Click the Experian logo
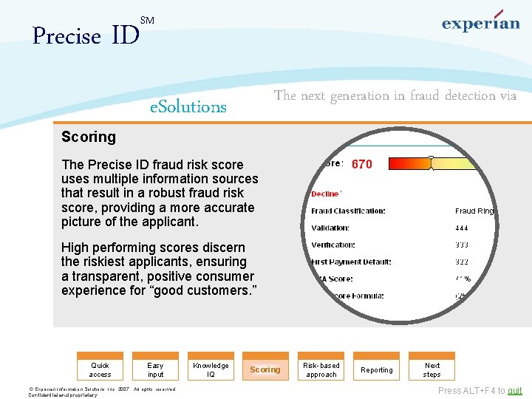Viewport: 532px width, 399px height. [480, 22]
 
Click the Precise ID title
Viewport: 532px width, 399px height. [86, 35]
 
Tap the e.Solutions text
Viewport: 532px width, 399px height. [188, 106]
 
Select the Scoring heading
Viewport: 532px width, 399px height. [89, 137]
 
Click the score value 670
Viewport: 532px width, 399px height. [362, 164]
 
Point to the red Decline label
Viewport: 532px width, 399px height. [326, 194]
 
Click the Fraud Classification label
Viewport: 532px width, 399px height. [348, 211]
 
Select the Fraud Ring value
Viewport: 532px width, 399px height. [474, 211]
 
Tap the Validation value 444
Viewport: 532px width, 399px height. [462, 228]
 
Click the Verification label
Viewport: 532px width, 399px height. [333, 245]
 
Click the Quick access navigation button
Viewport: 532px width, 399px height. [100, 369]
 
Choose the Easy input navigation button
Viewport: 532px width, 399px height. [155, 369]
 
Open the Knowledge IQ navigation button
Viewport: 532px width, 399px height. [211, 369]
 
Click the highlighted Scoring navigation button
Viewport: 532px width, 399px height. [265, 369]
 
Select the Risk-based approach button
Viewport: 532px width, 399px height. [321, 369]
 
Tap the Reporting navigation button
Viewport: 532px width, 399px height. [377, 369]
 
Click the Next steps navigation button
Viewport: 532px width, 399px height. [432, 369]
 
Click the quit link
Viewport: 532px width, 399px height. [514, 391]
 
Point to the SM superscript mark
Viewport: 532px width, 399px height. [146, 20]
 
